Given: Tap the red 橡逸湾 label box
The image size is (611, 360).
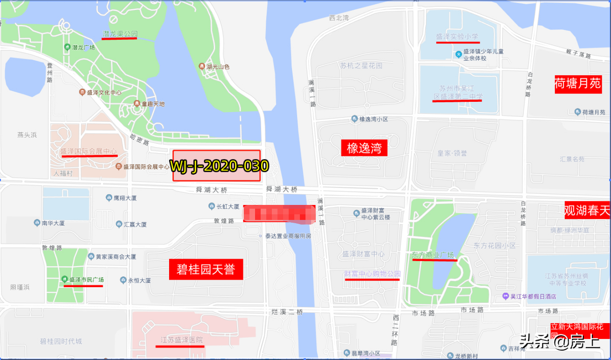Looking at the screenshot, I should pyautogui.click(x=364, y=148).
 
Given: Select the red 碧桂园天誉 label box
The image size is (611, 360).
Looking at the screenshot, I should pyautogui.click(x=206, y=269).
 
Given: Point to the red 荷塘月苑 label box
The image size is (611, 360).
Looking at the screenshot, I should pyautogui.click(x=577, y=84).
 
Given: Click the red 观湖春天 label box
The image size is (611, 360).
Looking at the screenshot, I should pyautogui.click(x=587, y=210).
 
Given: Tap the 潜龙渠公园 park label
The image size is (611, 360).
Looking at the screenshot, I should pyautogui.click(x=120, y=34).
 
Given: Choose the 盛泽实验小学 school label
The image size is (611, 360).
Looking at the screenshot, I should pyautogui.click(x=457, y=36).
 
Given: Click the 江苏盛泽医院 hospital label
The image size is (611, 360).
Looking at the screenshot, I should pyautogui.click(x=180, y=340).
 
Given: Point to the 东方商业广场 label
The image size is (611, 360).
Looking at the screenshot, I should pyautogui.click(x=433, y=255).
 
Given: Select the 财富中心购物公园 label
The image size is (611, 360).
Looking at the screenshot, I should pyautogui.click(x=372, y=274).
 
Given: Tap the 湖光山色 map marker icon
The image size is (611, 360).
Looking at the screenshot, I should pyautogui.click(x=202, y=66).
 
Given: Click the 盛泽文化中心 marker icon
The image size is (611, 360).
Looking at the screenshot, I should pyautogui.click(x=82, y=92).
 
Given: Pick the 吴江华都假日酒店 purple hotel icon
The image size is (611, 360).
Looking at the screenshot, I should pyautogui.click(x=505, y=296).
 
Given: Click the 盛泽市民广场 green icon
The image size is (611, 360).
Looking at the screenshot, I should pyautogui.click(x=64, y=279).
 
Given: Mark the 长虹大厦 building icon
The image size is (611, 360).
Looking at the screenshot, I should pyautogui.click(x=212, y=206).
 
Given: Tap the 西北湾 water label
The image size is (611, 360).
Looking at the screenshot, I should pyautogui.click(x=339, y=18).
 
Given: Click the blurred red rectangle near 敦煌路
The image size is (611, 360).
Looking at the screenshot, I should pyautogui.click(x=279, y=213).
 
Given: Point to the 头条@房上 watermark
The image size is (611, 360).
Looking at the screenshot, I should pyautogui.click(x=560, y=342).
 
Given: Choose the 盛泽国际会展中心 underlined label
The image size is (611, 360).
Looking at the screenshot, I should pyautogui.click(x=88, y=151).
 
